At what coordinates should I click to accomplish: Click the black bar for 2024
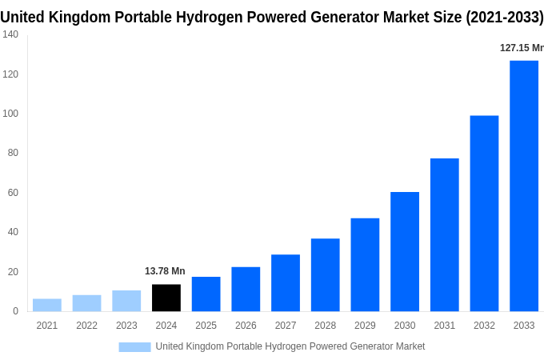coord(166,298)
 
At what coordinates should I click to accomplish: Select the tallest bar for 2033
coord(524,186)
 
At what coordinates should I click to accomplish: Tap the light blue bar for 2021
coord(47,305)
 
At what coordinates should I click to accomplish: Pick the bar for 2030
coord(405,251)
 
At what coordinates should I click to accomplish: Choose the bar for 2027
coord(286,282)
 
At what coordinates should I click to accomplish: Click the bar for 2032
coord(484,214)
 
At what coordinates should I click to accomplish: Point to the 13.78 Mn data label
coord(165,271)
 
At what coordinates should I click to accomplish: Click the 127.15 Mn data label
coord(521,48)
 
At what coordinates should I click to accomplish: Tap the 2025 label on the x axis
coord(206,326)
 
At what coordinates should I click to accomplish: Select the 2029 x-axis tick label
coord(365,326)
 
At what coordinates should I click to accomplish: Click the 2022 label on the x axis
coord(86,326)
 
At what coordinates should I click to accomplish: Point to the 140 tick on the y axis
coord(10,34)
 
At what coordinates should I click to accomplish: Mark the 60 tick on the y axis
coord(13,193)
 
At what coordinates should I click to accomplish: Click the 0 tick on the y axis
coord(16,311)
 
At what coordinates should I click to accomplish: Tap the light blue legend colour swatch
coord(134,346)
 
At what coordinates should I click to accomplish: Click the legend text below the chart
coord(290,346)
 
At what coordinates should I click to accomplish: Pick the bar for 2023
coord(126,301)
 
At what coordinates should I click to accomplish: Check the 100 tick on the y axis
coord(10,114)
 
